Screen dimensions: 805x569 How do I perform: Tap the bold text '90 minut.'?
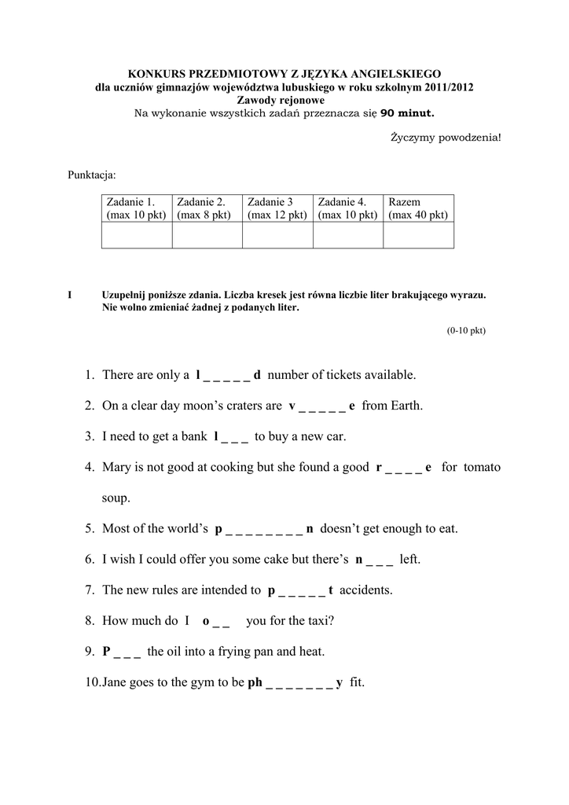pyautogui.click(x=406, y=113)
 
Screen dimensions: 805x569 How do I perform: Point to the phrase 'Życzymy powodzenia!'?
pyautogui.click(x=445, y=138)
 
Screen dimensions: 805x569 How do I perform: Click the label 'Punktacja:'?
pyautogui.click(x=92, y=173)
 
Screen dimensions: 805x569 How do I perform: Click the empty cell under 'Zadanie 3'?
pyautogui.click(x=277, y=235)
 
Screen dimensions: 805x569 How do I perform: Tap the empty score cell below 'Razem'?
pyautogui.click(x=418, y=235)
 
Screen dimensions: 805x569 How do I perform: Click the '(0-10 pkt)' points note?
pyautogui.click(x=467, y=330)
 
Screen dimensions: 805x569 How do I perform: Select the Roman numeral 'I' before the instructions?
pyautogui.click(x=70, y=296)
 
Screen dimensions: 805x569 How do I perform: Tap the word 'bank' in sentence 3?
pyautogui.click(x=193, y=436)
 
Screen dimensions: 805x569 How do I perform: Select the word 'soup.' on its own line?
pyautogui.click(x=116, y=498)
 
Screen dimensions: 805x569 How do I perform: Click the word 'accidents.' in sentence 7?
pyautogui.click(x=365, y=590)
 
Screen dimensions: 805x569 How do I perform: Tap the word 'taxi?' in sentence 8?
pyautogui.click(x=318, y=620)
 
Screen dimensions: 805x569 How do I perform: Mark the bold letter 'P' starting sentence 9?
pyautogui.click(x=107, y=651)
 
